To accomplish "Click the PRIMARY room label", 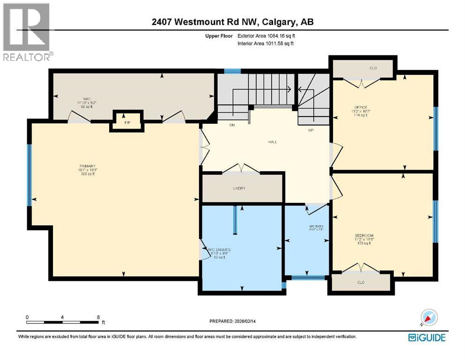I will [88, 166].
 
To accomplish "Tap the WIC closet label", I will [87, 99].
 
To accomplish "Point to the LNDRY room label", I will [239, 188].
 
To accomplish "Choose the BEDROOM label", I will [364, 235].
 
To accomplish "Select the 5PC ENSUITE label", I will [220, 250].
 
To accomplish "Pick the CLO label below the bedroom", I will [360, 283].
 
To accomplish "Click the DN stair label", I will [232, 125].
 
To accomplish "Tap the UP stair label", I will [310, 130].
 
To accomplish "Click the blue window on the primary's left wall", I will [30, 174].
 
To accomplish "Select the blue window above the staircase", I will [232, 71].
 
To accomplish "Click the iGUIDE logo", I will [427, 337].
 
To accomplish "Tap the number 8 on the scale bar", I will [98, 317].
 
